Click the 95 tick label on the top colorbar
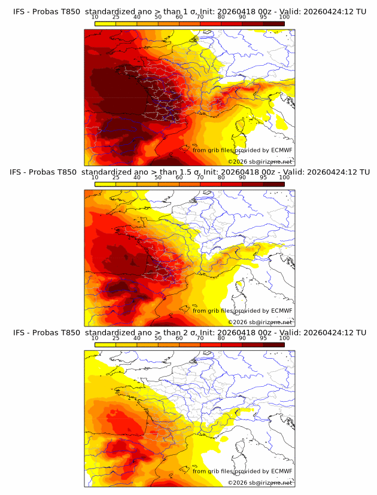click(x=263, y=17)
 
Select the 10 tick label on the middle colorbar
click(x=95, y=177)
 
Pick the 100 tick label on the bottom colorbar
click(x=284, y=337)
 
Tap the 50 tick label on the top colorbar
click(x=158, y=17)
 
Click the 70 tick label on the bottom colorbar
click(x=200, y=337)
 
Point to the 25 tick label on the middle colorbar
click(x=115, y=177)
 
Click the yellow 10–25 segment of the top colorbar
click(x=105, y=23)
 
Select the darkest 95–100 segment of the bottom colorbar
click(x=273, y=344)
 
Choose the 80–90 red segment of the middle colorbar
click(x=232, y=184)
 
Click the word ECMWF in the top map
click(x=282, y=150)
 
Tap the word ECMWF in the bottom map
click(x=282, y=471)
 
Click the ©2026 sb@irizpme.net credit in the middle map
click(x=260, y=322)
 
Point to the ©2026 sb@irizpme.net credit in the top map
click(x=260, y=161)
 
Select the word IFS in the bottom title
click(x=20, y=332)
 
